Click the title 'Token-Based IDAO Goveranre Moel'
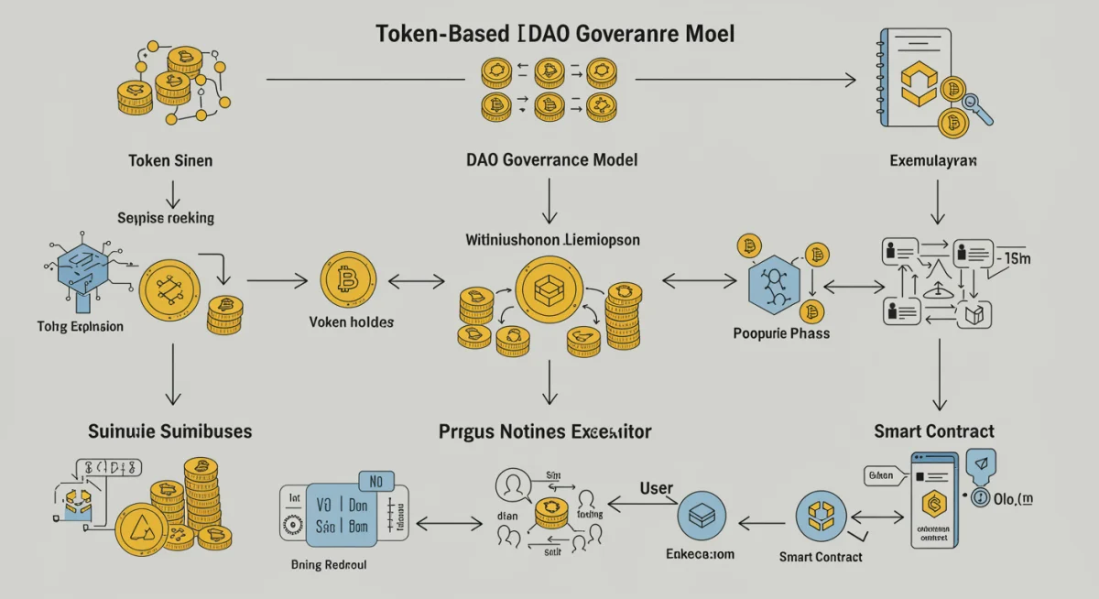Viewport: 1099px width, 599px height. tap(555, 34)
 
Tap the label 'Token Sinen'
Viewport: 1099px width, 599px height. tap(170, 160)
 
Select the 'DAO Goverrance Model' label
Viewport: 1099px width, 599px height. tap(551, 159)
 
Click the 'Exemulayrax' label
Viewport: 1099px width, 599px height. tap(933, 160)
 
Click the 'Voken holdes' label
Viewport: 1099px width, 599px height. tap(352, 322)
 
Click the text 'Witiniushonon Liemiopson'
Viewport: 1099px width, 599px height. tap(552, 240)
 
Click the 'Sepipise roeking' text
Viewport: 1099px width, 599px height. tap(166, 218)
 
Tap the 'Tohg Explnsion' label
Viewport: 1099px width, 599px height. tap(81, 326)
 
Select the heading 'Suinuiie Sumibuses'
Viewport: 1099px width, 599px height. tap(169, 430)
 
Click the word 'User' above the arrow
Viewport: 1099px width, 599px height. tap(657, 489)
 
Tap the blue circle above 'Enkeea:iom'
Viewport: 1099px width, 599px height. tap(702, 519)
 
